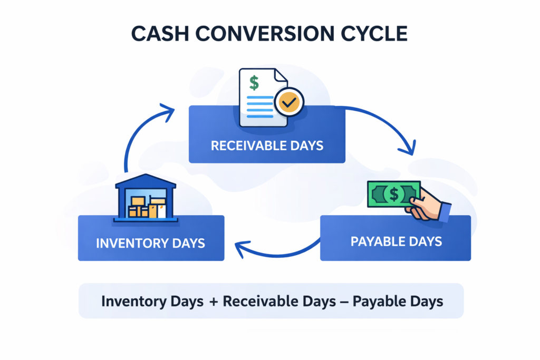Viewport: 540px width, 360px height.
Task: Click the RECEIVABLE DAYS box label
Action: coord(267,145)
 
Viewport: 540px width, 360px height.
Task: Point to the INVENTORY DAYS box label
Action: coord(151,244)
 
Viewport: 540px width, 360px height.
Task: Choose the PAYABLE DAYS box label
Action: coord(396,242)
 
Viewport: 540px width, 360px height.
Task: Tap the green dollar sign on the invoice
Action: coord(254,83)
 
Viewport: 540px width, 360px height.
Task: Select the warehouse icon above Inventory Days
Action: coord(146,198)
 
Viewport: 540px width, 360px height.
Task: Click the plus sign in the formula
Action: coord(213,301)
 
